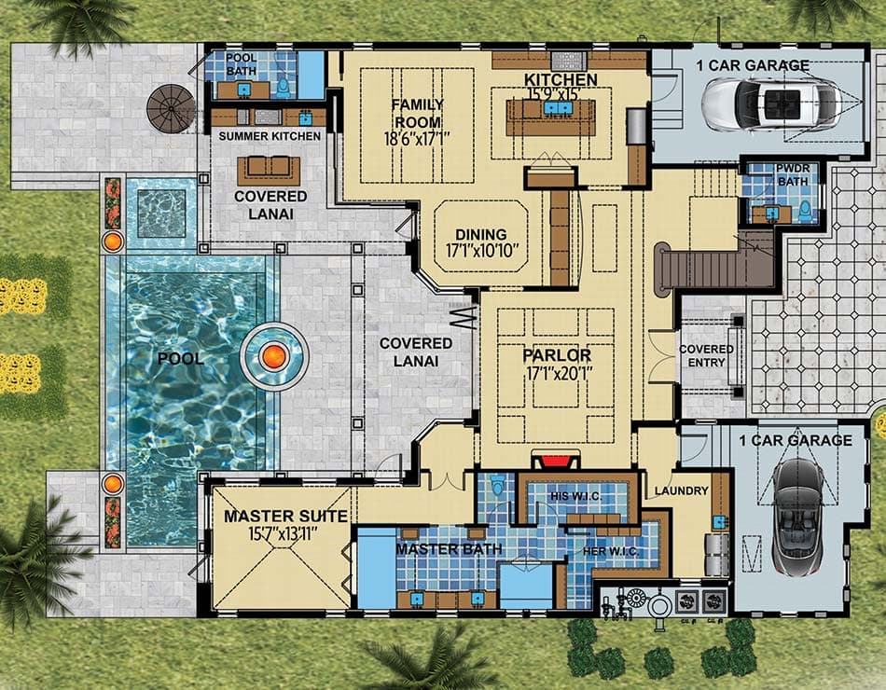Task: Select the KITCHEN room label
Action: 561,79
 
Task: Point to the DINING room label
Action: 481,234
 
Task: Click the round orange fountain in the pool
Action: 273,355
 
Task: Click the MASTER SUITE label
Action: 285,516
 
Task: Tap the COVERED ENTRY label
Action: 706,355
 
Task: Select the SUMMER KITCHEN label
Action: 270,136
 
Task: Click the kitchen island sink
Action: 557,109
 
